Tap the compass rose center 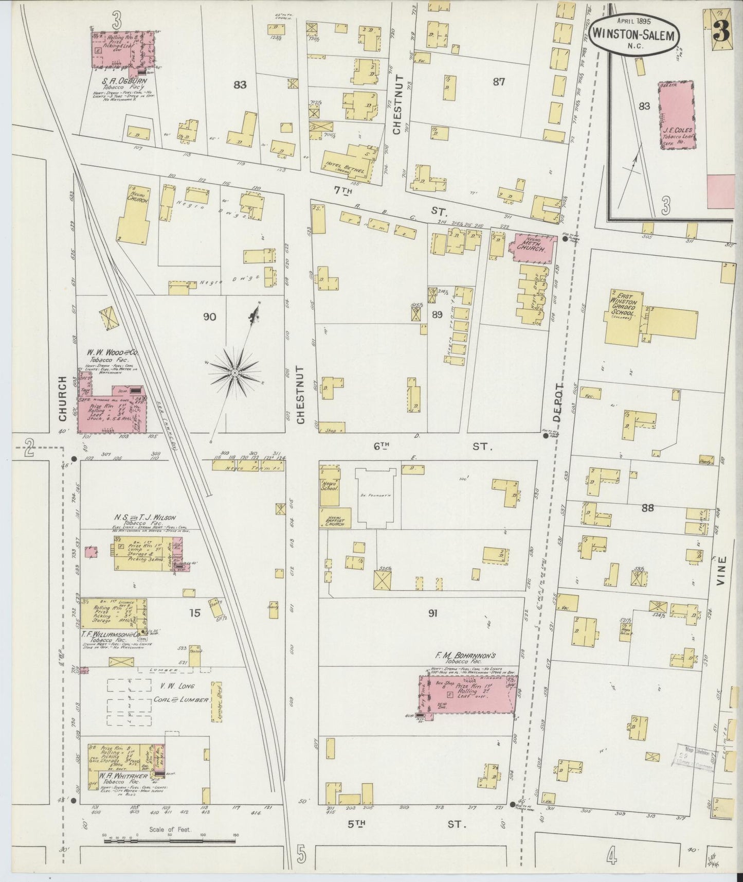(235, 372)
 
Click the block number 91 (432, 613)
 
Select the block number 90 (209, 316)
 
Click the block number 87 (498, 81)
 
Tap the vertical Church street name (63, 396)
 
